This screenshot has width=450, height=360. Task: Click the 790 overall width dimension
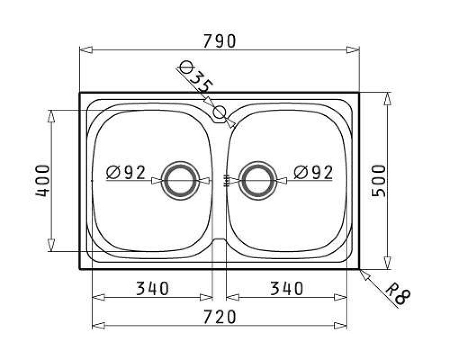click(x=220, y=41)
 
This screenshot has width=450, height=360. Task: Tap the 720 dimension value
click(x=220, y=317)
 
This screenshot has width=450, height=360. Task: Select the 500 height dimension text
click(x=379, y=180)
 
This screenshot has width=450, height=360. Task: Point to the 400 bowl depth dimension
click(x=42, y=180)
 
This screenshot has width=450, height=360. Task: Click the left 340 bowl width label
click(x=152, y=288)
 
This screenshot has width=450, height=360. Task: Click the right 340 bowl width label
click(x=287, y=288)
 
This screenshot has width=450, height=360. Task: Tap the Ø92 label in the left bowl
click(x=126, y=172)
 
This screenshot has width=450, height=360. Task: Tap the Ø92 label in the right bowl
click(x=313, y=172)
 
